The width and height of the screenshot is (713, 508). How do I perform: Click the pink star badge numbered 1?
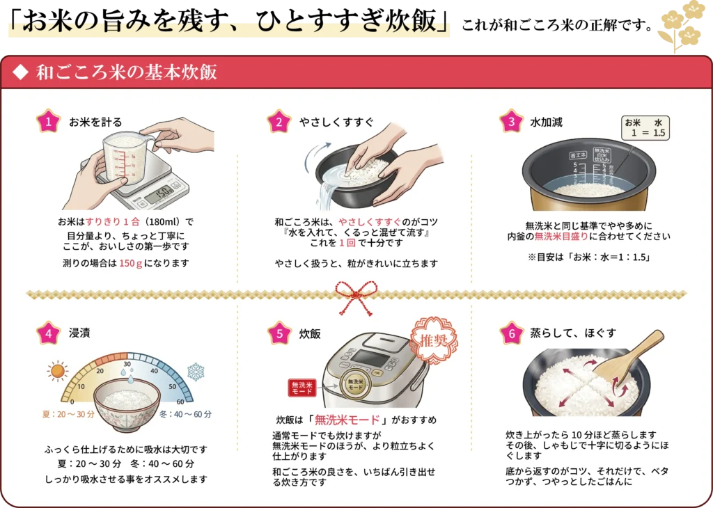click(x=48, y=121)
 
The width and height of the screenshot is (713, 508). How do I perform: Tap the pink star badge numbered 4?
click(x=48, y=333)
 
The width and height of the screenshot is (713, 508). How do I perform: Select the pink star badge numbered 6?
click(x=512, y=333)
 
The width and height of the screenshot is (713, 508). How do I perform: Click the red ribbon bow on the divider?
click(x=356, y=297)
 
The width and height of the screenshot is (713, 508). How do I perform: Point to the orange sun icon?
click(x=58, y=371)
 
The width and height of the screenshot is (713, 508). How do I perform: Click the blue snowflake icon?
click(x=196, y=372)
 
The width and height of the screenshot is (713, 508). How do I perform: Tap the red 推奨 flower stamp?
click(x=434, y=340)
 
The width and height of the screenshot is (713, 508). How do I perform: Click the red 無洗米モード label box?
click(x=302, y=388)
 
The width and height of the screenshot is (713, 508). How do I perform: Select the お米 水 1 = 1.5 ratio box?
click(x=645, y=127)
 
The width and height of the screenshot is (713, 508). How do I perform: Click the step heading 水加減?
click(x=546, y=122)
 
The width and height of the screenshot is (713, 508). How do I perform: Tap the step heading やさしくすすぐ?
click(x=336, y=122)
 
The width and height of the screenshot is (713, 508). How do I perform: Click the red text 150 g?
click(x=131, y=264)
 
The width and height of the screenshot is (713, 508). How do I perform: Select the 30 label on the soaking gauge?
click(x=127, y=364)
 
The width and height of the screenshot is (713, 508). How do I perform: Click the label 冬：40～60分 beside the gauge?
click(x=185, y=414)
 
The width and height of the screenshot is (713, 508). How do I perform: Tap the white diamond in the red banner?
click(x=20, y=72)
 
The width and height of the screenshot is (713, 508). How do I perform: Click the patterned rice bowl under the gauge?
click(x=127, y=405)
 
